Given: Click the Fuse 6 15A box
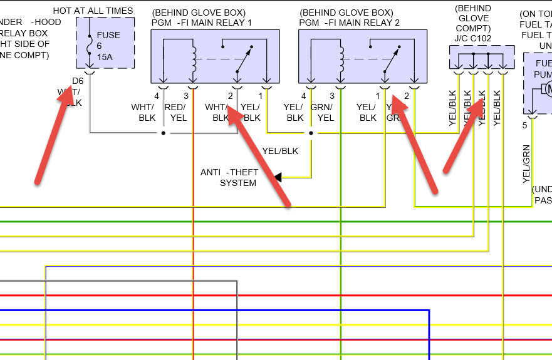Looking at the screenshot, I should point(105,43).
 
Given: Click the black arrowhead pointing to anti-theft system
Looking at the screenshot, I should point(277,177).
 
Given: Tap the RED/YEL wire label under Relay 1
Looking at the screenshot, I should point(176,113).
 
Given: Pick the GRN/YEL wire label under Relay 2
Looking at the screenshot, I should point(325,113).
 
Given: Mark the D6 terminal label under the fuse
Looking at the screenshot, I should point(78,81).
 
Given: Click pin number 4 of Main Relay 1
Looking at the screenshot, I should point(157,96).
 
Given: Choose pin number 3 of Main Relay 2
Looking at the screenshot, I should point(332,96).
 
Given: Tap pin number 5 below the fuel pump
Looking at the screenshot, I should point(525,125).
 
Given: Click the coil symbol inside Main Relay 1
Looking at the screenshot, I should point(194,60).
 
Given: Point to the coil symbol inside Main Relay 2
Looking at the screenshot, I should point(341,60).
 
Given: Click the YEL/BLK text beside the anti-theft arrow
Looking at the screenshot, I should point(280,151).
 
